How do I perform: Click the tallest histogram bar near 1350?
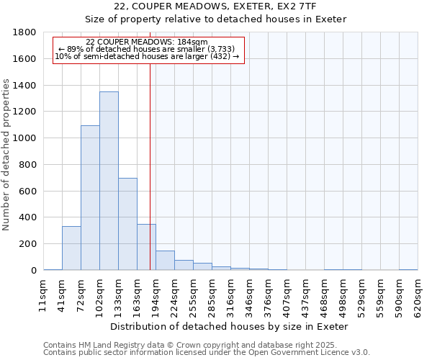click(109, 181)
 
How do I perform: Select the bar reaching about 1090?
click(90, 198)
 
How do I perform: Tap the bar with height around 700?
click(127, 224)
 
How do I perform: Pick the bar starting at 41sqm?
click(71, 248)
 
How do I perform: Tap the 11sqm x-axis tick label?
click(43, 296)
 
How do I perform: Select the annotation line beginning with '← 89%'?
click(149, 49)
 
